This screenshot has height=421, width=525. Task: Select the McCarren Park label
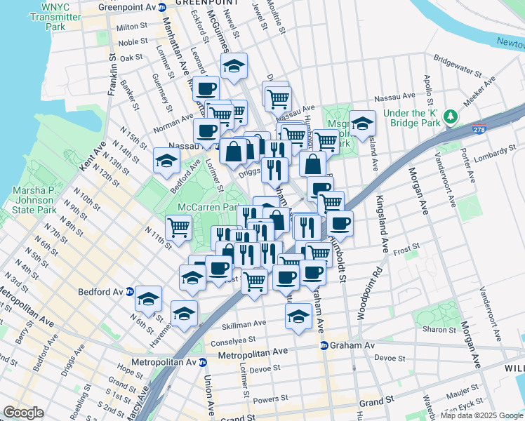pyautogui.click(x=208, y=207)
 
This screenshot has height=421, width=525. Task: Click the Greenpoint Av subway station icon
pyautogui.click(x=163, y=7)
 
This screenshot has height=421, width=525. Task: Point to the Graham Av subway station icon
pyautogui.click(x=324, y=345)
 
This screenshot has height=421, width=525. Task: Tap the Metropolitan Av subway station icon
pyautogui.click(x=203, y=362)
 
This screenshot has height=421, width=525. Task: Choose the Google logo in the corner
pyautogui.click(x=23, y=413)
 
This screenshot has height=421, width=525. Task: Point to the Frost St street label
pyautogui.click(x=406, y=247)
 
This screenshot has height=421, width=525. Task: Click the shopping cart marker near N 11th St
pyautogui.click(x=179, y=227)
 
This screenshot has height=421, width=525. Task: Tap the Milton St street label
pyautogui.click(x=132, y=27)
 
